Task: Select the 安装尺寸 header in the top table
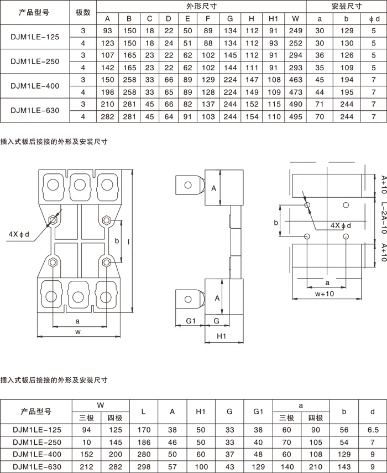(x=347, y=7)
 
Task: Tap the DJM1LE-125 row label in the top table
(x=35, y=37)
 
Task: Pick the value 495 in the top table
(x=296, y=116)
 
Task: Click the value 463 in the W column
(x=296, y=80)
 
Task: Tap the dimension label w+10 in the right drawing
(x=325, y=294)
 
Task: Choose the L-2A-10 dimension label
(x=383, y=218)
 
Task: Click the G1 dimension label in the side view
(x=191, y=321)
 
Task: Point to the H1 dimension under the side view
(x=222, y=336)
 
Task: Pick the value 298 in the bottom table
(x=144, y=466)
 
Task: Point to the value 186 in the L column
(x=144, y=442)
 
